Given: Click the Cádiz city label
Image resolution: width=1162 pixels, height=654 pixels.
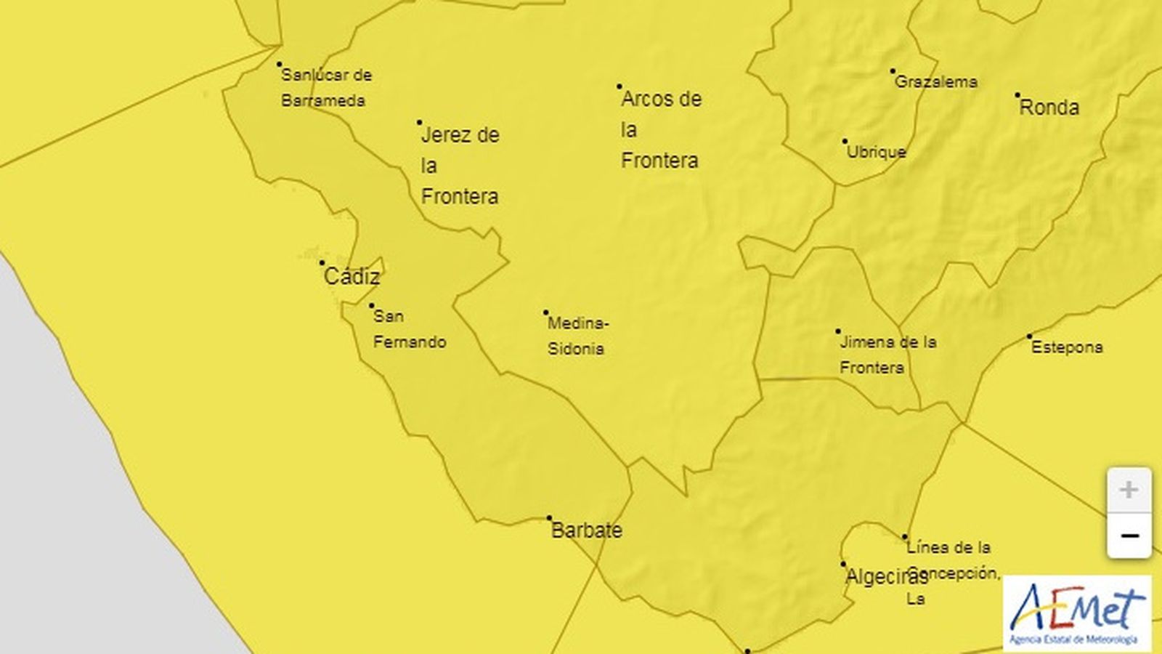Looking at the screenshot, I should coord(352,276).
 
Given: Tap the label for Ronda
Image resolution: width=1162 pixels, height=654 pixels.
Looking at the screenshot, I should coord(1049,108).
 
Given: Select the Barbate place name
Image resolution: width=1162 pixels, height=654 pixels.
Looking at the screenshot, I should coord(587,530).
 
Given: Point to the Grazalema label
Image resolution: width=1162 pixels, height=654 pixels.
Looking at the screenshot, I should coord(935,81).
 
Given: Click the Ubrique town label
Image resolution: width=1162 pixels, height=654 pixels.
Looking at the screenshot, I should coord(877,152).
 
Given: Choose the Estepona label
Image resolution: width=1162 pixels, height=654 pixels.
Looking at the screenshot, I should coord(1067,347).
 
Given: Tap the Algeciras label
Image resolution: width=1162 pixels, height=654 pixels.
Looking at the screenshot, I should coord(887,577).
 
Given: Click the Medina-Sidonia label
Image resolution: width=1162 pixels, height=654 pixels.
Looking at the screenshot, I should coord(577,336).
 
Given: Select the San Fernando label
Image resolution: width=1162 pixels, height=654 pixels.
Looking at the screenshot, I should coord(409,329).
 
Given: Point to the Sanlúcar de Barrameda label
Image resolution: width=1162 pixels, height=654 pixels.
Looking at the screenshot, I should coord(325,87).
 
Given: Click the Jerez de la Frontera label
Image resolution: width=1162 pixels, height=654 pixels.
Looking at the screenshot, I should coord(460,165).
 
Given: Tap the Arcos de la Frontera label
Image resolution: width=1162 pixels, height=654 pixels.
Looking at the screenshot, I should coord(660,129).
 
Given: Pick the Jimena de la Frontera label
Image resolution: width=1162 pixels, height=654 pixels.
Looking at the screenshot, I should coord(887,355).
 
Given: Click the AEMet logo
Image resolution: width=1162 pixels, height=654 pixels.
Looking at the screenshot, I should coord(1076,613).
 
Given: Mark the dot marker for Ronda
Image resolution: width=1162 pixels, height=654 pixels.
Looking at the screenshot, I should coord(1017,95).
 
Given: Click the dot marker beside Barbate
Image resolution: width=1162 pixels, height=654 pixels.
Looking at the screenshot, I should coord(550,518).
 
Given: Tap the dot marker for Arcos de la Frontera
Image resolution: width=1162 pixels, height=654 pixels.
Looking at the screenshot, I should coord(619,86).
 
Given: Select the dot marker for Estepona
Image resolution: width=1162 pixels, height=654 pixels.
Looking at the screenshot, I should coord(1029,336).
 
